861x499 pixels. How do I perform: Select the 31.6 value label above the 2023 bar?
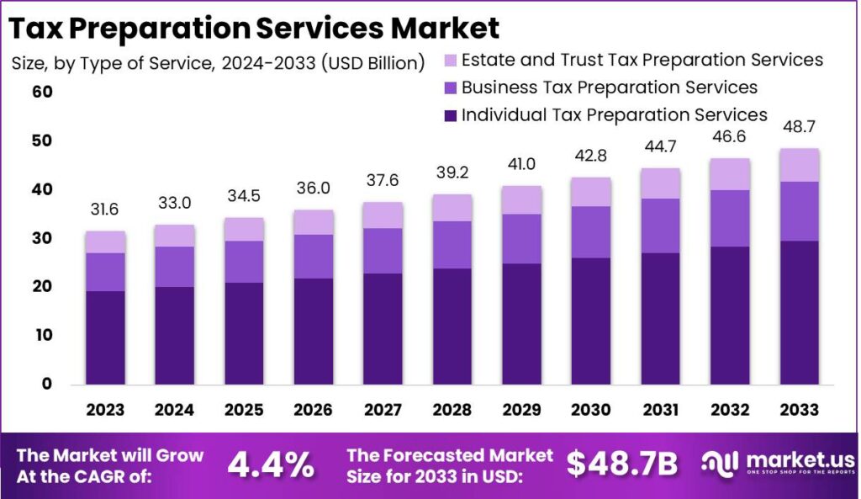(105, 210)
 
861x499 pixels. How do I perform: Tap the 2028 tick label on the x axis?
(451, 410)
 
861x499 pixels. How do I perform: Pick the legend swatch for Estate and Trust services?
(451, 61)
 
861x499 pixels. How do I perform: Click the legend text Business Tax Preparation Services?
(610, 88)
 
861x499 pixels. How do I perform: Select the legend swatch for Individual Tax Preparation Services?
(451, 115)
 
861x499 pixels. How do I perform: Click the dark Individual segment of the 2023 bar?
(105, 337)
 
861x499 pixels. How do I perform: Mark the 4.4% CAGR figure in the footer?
(272, 464)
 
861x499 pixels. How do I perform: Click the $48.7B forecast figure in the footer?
(621, 464)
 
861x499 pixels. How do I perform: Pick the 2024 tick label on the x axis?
(174, 410)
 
